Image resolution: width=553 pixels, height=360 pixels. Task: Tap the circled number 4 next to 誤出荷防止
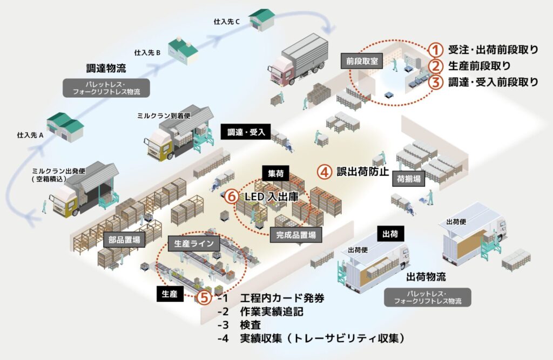pyautogui.click(x=323, y=172)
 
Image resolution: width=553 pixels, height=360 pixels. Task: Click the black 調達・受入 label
pyautogui.click(x=246, y=132)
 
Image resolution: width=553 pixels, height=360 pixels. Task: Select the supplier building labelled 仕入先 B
pyautogui.click(x=182, y=50)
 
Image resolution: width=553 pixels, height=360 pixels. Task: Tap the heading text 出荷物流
pyautogui.click(x=426, y=277)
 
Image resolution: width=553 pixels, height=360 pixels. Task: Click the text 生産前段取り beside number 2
pyautogui.click(x=478, y=66)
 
